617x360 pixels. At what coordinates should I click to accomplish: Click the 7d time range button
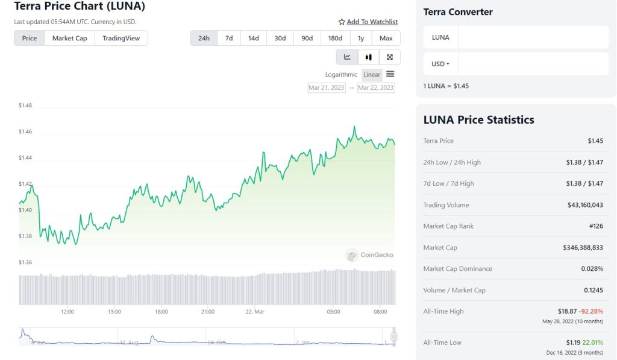coord(229,38)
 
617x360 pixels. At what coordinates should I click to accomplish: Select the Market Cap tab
coord(69,38)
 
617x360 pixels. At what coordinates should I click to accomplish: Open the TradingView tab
coord(121,38)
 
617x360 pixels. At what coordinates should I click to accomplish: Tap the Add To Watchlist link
coord(368,22)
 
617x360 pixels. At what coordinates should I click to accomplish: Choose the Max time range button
coord(386,38)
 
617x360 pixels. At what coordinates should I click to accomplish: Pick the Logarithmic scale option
coord(341,75)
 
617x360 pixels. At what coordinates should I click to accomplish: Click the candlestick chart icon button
coord(368,57)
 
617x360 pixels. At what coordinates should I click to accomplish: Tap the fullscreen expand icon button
coord(390,57)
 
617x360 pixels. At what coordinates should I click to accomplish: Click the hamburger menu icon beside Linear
coord(390,74)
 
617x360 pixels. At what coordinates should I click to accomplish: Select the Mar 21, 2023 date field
coord(327,87)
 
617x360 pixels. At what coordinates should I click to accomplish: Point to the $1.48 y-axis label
coord(25,106)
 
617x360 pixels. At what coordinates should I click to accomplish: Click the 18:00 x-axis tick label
coord(161,312)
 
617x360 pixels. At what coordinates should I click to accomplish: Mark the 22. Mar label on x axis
coord(255,312)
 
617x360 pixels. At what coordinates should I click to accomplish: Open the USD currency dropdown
coord(440,64)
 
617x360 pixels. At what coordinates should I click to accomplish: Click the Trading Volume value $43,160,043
coord(585,205)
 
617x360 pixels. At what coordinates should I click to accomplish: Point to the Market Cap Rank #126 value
coord(595,226)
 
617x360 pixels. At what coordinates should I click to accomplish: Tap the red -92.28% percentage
coord(591,311)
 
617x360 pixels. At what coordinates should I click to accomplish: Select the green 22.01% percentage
coord(593,343)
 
